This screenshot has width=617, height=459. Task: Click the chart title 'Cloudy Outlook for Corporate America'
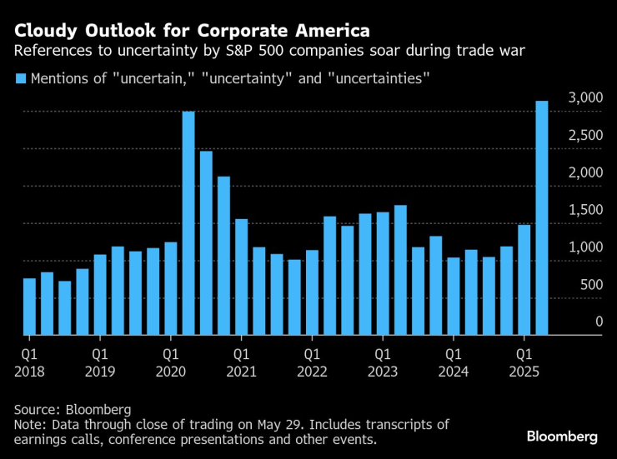click(x=192, y=32)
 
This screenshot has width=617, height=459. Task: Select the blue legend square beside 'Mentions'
click(x=20, y=80)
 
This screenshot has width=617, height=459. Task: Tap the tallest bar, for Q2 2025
click(x=541, y=218)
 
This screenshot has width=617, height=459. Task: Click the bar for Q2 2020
click(x=188, y=223)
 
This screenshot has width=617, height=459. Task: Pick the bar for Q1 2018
click(x=29, y=307)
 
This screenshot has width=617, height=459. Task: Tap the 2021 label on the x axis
click(x=241, y=372)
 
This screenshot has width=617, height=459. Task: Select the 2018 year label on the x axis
click(x=29, y=372)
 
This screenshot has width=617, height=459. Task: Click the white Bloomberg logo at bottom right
click(x=561, y=437)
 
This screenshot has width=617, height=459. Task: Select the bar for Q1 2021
click(x=241, y=277)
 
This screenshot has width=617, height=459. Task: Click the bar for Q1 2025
click(x=524, y=280)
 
